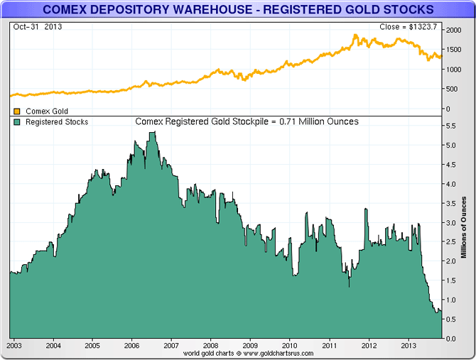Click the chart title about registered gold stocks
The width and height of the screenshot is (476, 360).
point(237,9)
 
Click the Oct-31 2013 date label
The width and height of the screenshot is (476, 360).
point(33,27)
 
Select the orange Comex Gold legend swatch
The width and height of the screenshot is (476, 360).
point(17,111)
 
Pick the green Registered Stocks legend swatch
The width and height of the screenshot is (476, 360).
point(17,122)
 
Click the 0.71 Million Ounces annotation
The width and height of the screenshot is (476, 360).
point(247,121)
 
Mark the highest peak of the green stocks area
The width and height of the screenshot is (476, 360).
point(151,133)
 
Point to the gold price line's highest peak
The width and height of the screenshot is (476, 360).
point(354,35)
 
